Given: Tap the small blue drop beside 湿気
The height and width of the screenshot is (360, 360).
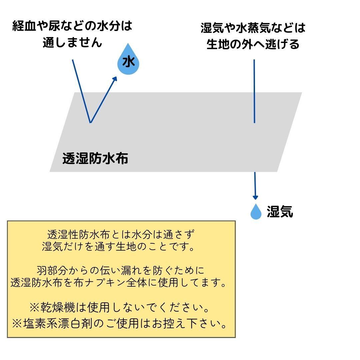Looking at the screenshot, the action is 256,212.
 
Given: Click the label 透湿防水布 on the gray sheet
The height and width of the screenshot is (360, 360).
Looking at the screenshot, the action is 95,159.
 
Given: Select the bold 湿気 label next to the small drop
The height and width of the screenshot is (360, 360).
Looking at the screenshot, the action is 280,212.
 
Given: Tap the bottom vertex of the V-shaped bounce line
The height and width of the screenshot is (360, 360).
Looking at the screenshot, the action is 90,122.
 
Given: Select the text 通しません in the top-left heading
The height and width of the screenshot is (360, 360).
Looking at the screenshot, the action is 72,43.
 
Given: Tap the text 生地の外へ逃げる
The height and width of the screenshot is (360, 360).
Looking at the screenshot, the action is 253,44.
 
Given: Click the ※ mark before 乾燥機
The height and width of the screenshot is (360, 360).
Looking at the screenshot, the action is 35,307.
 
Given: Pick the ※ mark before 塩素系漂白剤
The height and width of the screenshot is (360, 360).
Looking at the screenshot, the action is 17,323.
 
